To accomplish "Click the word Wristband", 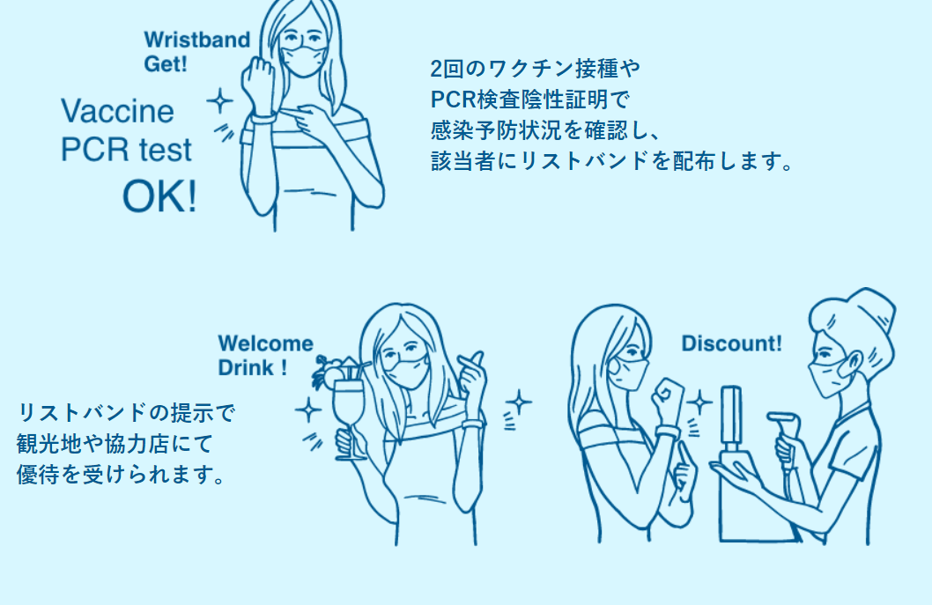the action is click(x=196, y=40).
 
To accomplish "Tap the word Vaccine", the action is click(x=118, y=111).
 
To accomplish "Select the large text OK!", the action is click(x=159, y=196).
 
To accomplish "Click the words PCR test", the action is click(x=126, y=150).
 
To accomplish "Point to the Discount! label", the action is click(x=731, y=343).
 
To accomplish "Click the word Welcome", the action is click(x=265, y=343).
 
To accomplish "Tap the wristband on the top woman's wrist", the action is click(x=263, y=119).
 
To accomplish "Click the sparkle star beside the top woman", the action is click(x=220, y=100).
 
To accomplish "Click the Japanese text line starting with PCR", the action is click(x=529, y=100).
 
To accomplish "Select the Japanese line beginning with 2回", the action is click(x=535, y=69).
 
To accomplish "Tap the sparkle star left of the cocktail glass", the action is click(x=308, y=410).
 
